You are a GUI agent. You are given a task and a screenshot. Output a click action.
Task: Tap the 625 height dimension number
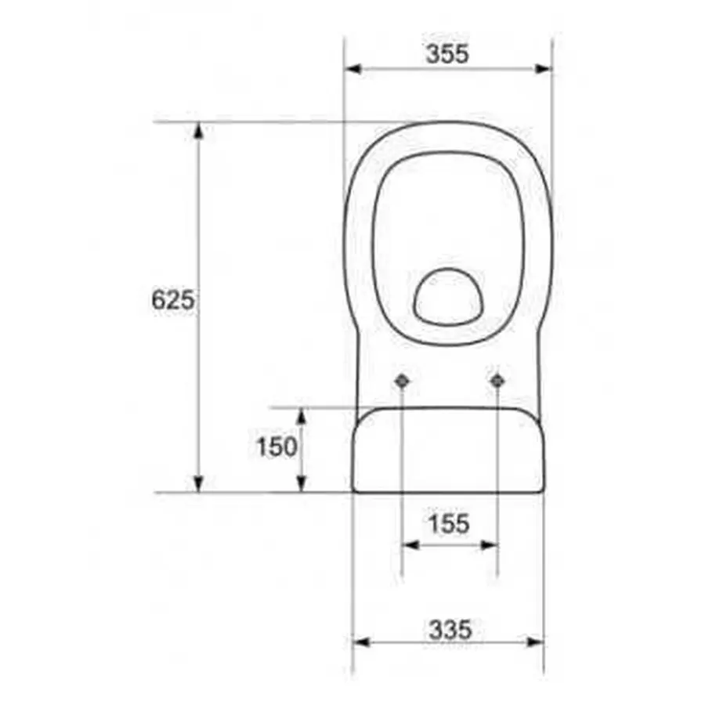pyautogui.click(x=172, y=299)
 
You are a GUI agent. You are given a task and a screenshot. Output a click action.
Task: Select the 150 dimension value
pyautogui.click(x=277, y=446)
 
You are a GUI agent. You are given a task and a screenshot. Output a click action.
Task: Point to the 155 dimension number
pyautogui.click(x=449, y=523)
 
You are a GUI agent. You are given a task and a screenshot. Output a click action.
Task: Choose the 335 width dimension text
pyautogui.click(x=450, y=628)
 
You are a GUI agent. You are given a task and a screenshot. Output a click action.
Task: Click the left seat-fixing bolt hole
pyautogui.click(x=401, y=381)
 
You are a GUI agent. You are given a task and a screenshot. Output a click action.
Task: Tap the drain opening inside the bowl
pyautogui.click(x=448, y=297)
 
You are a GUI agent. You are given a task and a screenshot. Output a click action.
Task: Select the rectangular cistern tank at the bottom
pyautogui.click(x=447, y=451)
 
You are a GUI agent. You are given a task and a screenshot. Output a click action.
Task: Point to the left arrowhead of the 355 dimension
pyautogui.click(x=352, y=69)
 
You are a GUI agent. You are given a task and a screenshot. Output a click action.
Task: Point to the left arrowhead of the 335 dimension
pyautogui.click(x=360, y=642)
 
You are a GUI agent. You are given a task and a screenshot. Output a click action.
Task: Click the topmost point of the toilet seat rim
pyautogui.click(x=448, y=122)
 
